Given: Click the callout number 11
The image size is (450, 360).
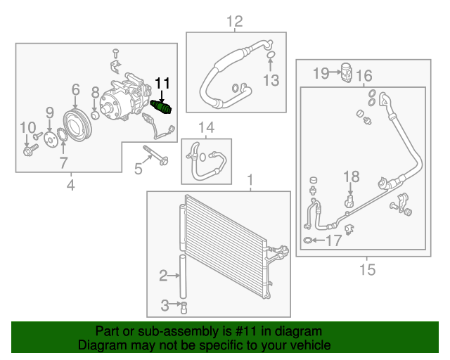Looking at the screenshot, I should click(x=162, y=83).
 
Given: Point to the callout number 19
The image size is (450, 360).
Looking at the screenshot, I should click(x=321, y=72).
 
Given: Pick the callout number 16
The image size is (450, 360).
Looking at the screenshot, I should click(x=364, y=76).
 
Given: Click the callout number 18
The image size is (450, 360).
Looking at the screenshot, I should click(x=351, y=176).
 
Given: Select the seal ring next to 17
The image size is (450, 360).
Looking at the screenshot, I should click(x=308, y=240).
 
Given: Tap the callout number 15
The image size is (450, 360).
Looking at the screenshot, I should click(x=367, y=269).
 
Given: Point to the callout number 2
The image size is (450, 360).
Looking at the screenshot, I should click(x=163, y=276).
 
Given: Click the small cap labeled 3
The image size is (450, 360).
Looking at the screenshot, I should click(x=184, y=306).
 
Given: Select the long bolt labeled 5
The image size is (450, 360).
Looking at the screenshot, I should click(x=155, y=155).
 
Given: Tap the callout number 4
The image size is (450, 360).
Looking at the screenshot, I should click(x=70, y=185).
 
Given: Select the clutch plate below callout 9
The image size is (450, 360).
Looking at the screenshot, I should click(x=49, y=140).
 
